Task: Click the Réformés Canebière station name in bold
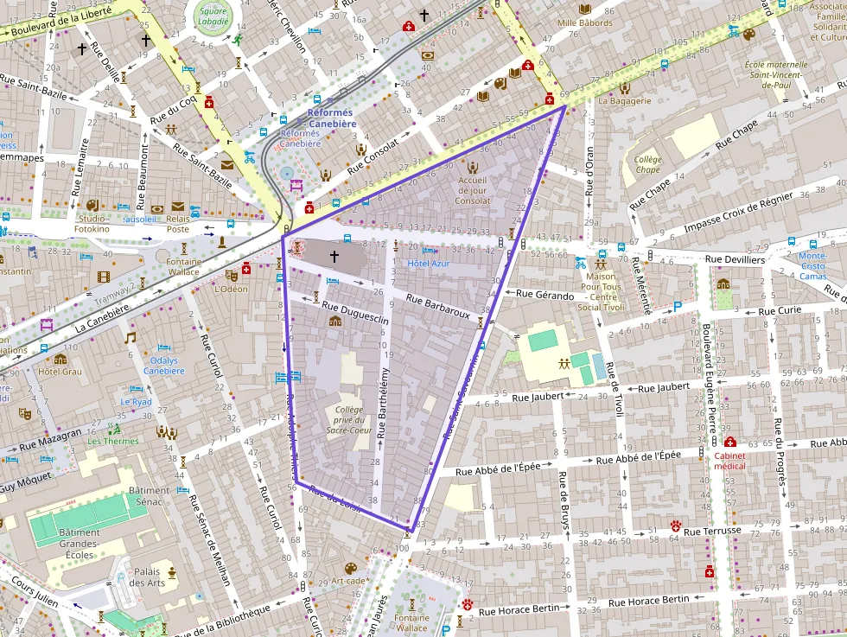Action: click(333, 118)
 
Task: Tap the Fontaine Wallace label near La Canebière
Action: click(183, 267)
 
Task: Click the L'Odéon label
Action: click(231, 289)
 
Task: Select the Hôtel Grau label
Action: click(60, 372)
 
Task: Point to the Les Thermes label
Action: click(112, 441)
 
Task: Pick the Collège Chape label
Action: click(647, 164)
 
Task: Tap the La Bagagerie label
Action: click(624, 100)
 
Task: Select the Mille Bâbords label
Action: click(584, 22)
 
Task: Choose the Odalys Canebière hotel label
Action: click(163, 366)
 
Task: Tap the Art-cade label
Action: click(349, 581)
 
